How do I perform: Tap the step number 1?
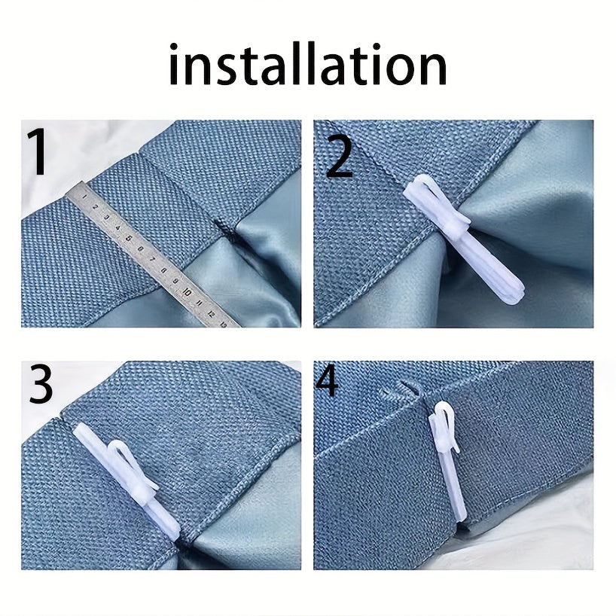point(38,153)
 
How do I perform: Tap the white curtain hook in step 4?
point(449,459)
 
